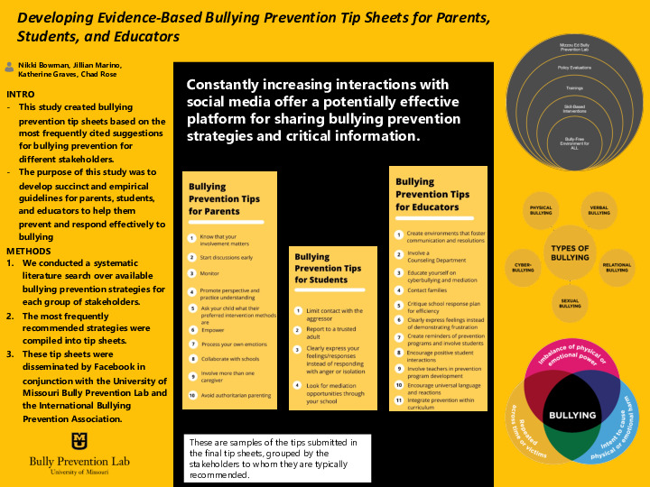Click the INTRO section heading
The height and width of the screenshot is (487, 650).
tap(21, 94)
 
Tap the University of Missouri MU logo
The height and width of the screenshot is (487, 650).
tap(79, 441)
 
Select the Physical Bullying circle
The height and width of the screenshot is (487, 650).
tap(541, 210)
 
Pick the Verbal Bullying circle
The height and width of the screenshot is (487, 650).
tap(599, 210)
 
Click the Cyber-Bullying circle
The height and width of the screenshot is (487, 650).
tap(523, 267)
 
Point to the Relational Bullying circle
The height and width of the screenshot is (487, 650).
tap(617, 267)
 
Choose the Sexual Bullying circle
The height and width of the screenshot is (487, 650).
tap(570, 303)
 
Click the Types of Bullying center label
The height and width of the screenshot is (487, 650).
tap(570, 253)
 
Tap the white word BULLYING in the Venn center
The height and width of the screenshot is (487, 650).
tap(570, 416)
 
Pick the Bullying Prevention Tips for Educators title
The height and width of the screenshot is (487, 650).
tap(432, 194)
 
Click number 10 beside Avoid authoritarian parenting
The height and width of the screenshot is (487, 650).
tap(191, 395)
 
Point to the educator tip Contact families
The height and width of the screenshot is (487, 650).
tap(428, 290)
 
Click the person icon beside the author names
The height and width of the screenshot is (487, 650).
tap(9, 66)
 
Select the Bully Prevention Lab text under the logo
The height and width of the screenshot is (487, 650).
tap(79, 461)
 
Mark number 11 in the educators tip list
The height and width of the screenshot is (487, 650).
tap(399, 400)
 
